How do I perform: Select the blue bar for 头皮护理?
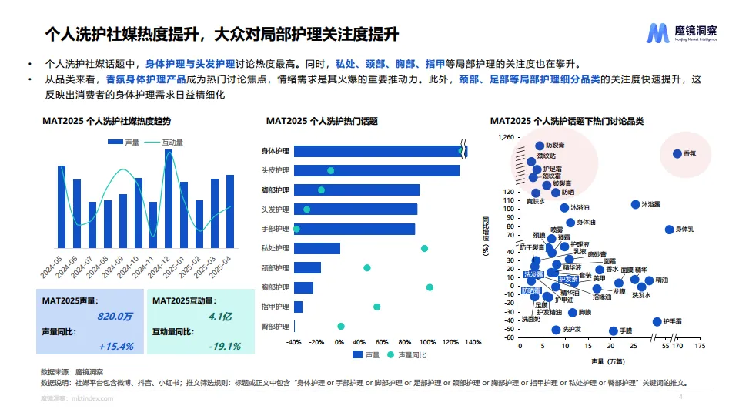pyautogui.click(x=376, y=170)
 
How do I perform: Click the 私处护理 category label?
pyautogui.click(x=275, y=248)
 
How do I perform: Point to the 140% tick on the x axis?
pyautogui.click(x=473, y=342)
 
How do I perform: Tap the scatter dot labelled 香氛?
pyautogui.click(x=677, y=154)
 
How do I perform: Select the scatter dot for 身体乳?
pyautogui.click(x=669, y=230)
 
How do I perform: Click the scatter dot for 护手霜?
pyautogui.click(x=657, y=322)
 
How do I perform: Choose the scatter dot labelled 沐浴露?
pyautogui.click(x=635, y=204)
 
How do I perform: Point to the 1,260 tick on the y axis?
pyautogui.click(x=505, y=138)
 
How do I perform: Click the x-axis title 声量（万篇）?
pyautogui.click(x=609, y=361)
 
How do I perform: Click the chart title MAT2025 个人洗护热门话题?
pyautogui.click(x=322, y=121)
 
